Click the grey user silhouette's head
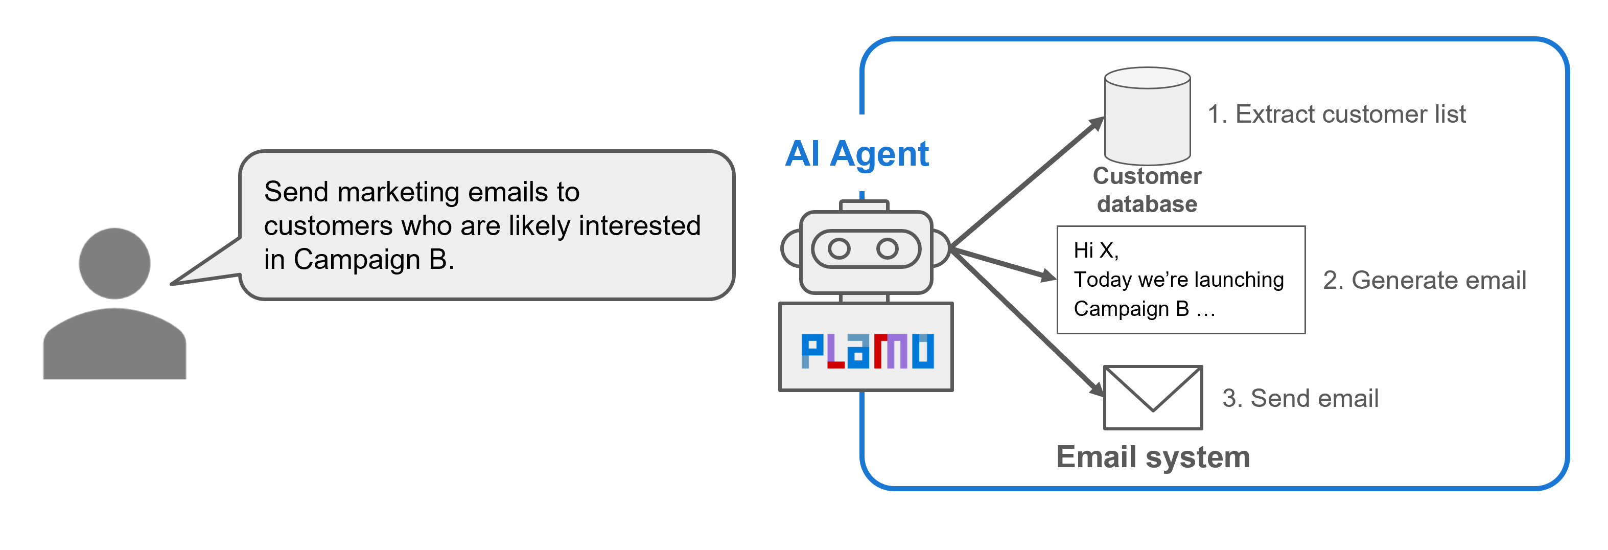tap(114, 263)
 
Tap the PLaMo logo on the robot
tap(867, 351)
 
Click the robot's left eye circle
tap(838, 248)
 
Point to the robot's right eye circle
tap(887, 248)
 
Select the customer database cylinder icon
tap(1147, 116)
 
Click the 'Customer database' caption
tap(1147, 190)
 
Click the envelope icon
tap(1153, 398)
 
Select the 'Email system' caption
tap(1153, 457)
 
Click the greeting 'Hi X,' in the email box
tap(1096, 250)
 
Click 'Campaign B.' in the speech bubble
tap(374, 260)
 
